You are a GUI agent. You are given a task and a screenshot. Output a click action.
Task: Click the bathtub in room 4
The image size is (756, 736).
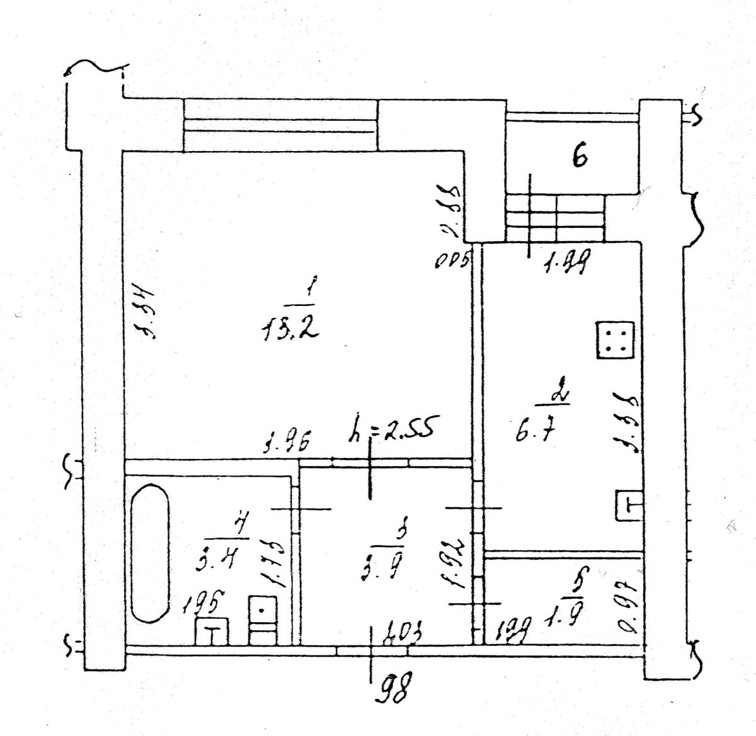151,552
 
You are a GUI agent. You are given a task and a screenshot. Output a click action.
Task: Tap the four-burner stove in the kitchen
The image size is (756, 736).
614,340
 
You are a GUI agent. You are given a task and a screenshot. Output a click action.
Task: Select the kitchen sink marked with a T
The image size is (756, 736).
629,506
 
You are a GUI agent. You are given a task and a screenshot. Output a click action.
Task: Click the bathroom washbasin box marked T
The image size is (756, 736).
212,632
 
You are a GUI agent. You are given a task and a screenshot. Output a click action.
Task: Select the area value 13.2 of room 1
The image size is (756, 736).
289,327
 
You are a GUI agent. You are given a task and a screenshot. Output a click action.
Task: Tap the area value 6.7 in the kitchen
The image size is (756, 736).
533,433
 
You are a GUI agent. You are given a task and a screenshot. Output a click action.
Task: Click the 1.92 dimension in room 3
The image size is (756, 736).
458,562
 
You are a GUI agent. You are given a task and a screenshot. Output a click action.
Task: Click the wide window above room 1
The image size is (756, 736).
280,125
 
